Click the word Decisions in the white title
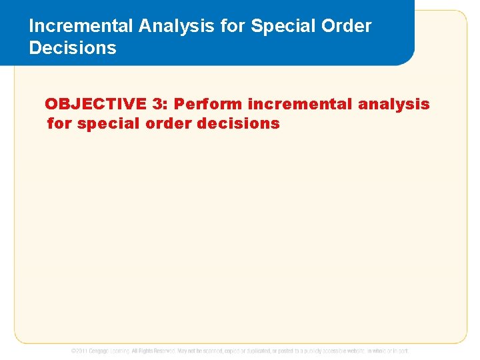pyautogui.click(x=73, y=48)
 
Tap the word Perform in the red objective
pyautogui.click(x=208, y=104)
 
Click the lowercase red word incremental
pyautogui.click(x=300, y=104)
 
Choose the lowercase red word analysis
pyautogui.click(x=394, y=104)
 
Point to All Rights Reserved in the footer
pyautogui.click(x=153, y=351)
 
